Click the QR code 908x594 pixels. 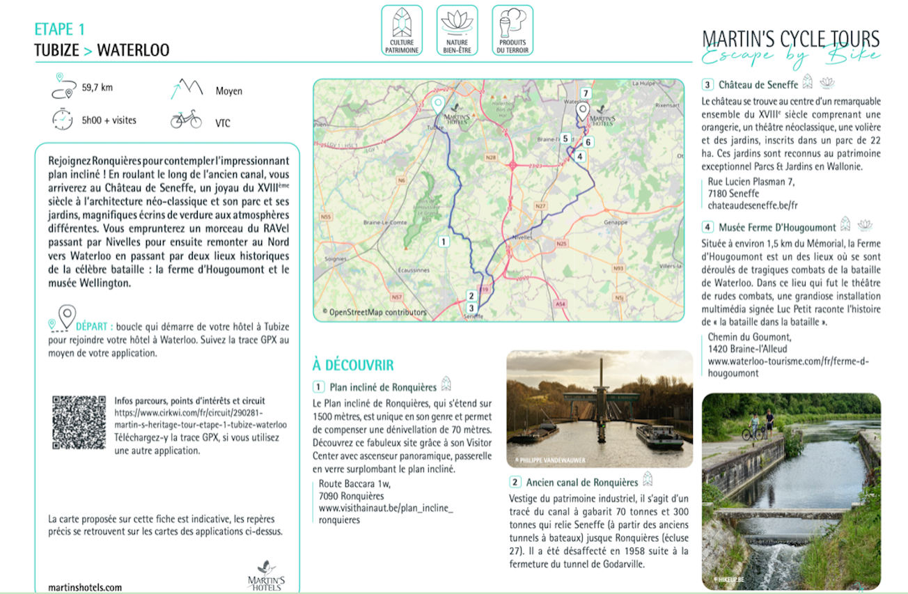click(79, 423)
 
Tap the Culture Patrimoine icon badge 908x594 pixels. click(402, 30)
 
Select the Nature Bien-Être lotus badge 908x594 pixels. click(457, 30)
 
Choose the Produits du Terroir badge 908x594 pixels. click(512, 30)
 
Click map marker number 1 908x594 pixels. click(443, 242)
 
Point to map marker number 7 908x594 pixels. click(586, 93)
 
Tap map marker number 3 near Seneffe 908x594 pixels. click(471, 308)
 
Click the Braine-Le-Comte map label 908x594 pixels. click(380, 223)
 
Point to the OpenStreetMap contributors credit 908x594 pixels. click(375, 312)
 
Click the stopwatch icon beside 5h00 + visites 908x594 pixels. click(62, 120)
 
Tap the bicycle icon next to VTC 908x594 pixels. click(186, 120)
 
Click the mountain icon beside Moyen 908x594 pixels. click(186, 88)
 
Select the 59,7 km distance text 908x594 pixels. click(97, 88)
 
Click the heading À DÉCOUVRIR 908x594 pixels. click(353, 365)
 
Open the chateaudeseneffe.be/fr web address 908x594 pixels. click(752, 205)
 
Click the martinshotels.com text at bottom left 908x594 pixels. click(85, 587)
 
